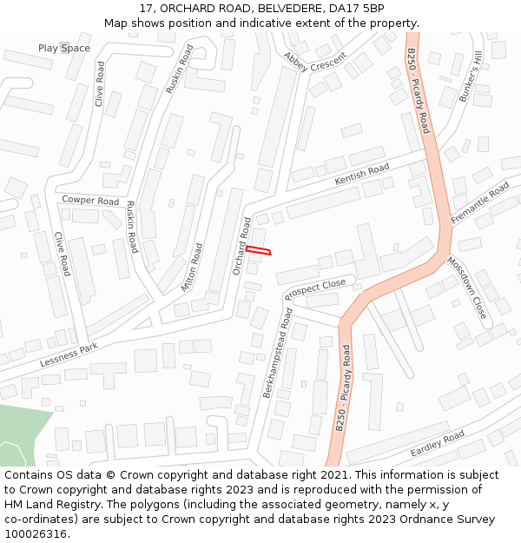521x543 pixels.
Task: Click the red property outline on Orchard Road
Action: point(258,251)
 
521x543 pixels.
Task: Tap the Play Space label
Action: point(63,48)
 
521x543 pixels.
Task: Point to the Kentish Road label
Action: point(362,175)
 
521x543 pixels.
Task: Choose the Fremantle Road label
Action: point(480,203)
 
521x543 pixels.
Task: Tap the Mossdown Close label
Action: point(467,286)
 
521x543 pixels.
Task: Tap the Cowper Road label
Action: point(90,201)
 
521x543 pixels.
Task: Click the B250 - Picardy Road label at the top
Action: point(418,90)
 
